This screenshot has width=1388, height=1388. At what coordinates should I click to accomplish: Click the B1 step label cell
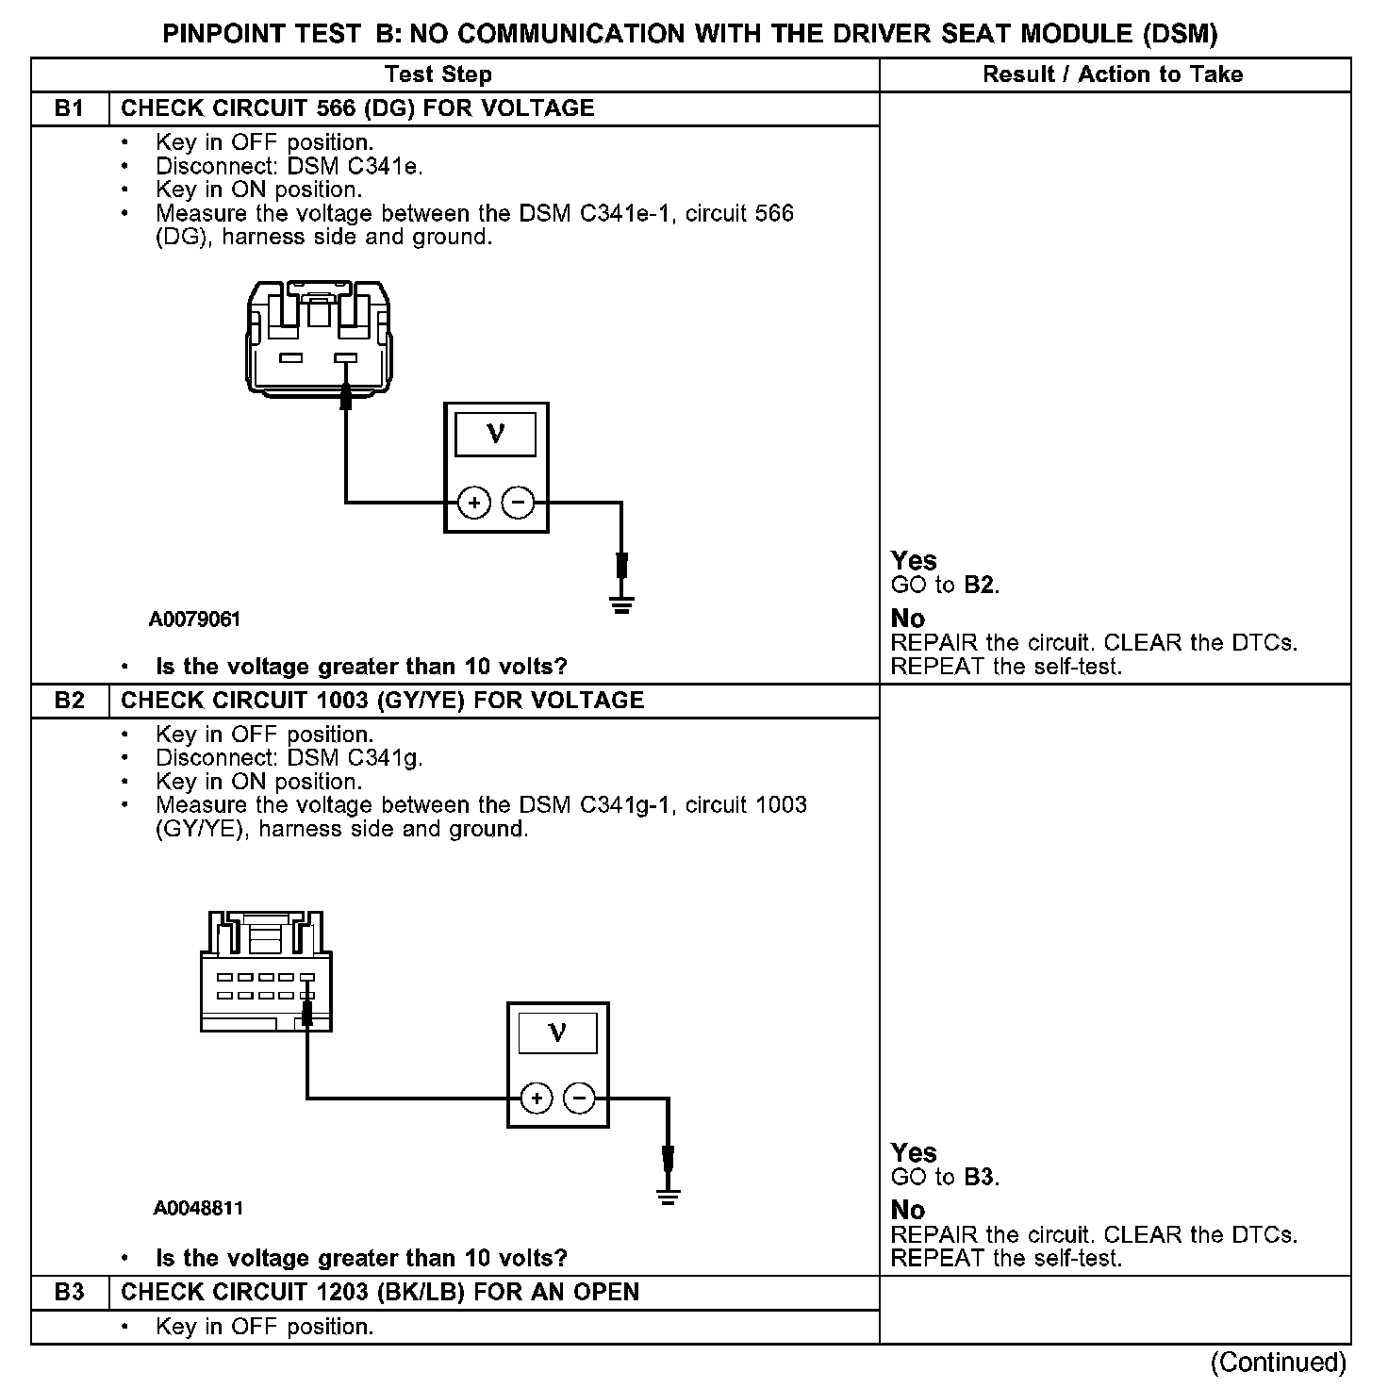click(x=70, y=108)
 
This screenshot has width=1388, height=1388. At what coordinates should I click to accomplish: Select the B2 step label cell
click(x=70, y=701)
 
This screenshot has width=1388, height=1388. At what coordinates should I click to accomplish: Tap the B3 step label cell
click(x=70, y=1292)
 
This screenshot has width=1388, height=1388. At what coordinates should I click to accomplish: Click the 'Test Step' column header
click(x=438, y=74)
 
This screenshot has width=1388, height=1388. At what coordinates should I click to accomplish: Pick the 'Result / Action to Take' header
click(x=1113, y=74)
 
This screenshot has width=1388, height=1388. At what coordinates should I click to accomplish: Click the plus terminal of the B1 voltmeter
click(x=474, y=503)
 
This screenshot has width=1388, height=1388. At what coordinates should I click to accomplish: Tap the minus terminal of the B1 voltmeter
click(x=517, y=503)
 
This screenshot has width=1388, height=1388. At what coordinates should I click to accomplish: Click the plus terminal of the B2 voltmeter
click(x=537, y=1098)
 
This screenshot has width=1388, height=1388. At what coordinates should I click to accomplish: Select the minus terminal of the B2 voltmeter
click(x=579, y=1098)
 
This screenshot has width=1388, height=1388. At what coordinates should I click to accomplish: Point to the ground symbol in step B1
click(x=620, y=604)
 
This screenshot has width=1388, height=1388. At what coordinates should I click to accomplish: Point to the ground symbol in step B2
click(x=668, y=1198)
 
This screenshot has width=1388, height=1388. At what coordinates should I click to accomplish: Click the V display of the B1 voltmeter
click(x=495, y=435)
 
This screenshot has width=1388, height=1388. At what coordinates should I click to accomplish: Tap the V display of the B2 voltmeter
click(x=557, y=1033)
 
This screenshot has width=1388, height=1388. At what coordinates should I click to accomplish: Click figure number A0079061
click(x=195, y=620)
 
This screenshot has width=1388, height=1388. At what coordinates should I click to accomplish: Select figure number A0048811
click(x=199, y=1208)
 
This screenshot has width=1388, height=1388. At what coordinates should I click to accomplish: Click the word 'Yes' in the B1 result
click(x=914, y=561)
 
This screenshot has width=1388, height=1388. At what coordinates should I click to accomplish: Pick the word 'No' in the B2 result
click(x=908, y=1210)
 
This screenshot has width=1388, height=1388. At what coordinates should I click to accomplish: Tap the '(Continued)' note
click(x=1279, y=1363)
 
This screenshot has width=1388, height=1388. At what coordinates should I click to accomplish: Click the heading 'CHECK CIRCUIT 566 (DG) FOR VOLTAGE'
click(x=358, y=108)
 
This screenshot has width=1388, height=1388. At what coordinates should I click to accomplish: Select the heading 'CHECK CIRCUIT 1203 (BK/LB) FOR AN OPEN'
click(x=380, y=1292)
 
